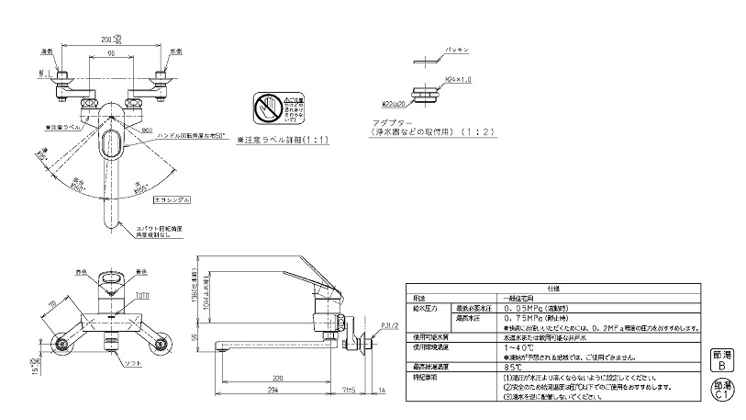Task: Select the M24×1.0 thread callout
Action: click(458, 82)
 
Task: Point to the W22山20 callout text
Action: click(395, 104)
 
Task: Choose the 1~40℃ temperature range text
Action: click(518, 347)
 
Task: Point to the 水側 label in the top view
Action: click(176, 51)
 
